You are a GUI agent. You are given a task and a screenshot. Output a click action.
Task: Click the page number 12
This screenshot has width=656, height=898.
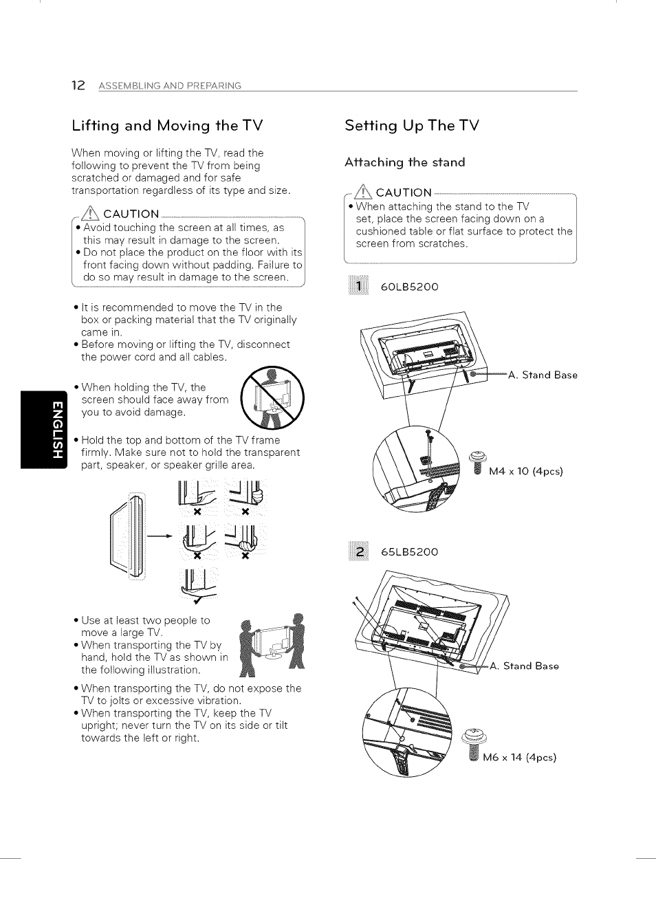pyautogui.click(x=78, y=85)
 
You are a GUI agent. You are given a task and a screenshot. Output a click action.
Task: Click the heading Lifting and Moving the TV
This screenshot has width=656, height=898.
pyautogui.click(x=167, y=126)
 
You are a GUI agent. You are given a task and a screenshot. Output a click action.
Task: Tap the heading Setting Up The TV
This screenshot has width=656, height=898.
pyautogui.click(x=412, y=126)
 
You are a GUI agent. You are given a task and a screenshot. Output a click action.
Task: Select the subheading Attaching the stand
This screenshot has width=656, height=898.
pyautogui.click(x=404, y=162)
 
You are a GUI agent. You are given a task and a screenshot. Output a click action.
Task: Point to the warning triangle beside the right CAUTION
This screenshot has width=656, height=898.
pyautogui.click(x=362, y=192)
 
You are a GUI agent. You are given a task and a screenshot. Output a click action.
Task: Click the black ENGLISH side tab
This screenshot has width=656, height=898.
pyautogui.click(x=44, y=429)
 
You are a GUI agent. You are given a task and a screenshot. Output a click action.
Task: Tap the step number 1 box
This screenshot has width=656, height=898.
pyautogui.click(x=358, y=286)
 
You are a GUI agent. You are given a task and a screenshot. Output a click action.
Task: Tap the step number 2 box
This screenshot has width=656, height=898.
pyautogui.click(x=358, y=551)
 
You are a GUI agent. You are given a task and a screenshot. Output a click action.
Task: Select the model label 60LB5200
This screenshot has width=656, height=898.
pyautogui.click(x=409, y=287)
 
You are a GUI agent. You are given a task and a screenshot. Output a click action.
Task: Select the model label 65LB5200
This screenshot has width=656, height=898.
pyautogui.click(x=409, y=552)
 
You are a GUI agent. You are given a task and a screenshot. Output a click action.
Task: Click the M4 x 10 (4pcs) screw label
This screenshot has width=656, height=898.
pyautogui.click(x=525, y=472)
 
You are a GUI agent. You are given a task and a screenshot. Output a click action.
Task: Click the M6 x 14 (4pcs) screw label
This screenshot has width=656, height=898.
pyautogui.click(x=519, y=758)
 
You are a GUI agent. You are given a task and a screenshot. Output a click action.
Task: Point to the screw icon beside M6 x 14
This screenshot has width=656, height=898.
pyautogui.click(x=473, y=744)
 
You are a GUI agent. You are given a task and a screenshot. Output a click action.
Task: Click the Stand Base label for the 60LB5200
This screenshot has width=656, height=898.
pyautogui.click(x=543, y=375)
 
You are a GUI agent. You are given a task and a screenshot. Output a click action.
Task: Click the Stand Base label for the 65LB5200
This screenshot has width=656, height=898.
pyautogui.click(x=524, y=666)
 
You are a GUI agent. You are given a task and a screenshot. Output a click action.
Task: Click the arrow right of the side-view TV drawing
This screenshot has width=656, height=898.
pyautogui.click(x=160, y=536)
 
